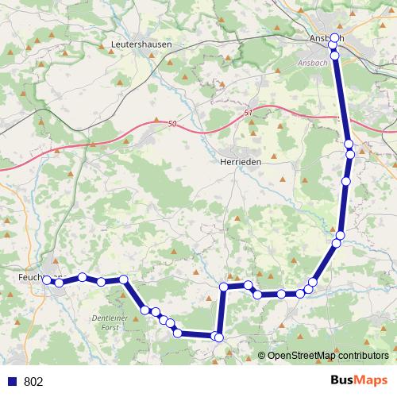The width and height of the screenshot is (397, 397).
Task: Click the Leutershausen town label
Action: click(142, 44)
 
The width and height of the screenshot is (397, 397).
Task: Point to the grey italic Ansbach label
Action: click(312, 62)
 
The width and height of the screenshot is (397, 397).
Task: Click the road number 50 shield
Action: click(172, 124)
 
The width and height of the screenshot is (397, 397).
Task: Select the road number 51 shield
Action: click(249, 113)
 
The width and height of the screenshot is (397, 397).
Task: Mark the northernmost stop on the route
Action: click(334, 38)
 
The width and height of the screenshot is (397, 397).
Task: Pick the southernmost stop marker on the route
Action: click(218, 337)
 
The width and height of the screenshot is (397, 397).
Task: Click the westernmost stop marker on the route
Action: click(48, 280)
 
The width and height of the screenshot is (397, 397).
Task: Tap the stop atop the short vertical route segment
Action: click(224, 287)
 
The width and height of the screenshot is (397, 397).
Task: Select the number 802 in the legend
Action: click(33, 381)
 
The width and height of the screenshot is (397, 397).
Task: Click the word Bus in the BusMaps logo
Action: click(343, 380)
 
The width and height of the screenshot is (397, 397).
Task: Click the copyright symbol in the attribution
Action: click(261, 357)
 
